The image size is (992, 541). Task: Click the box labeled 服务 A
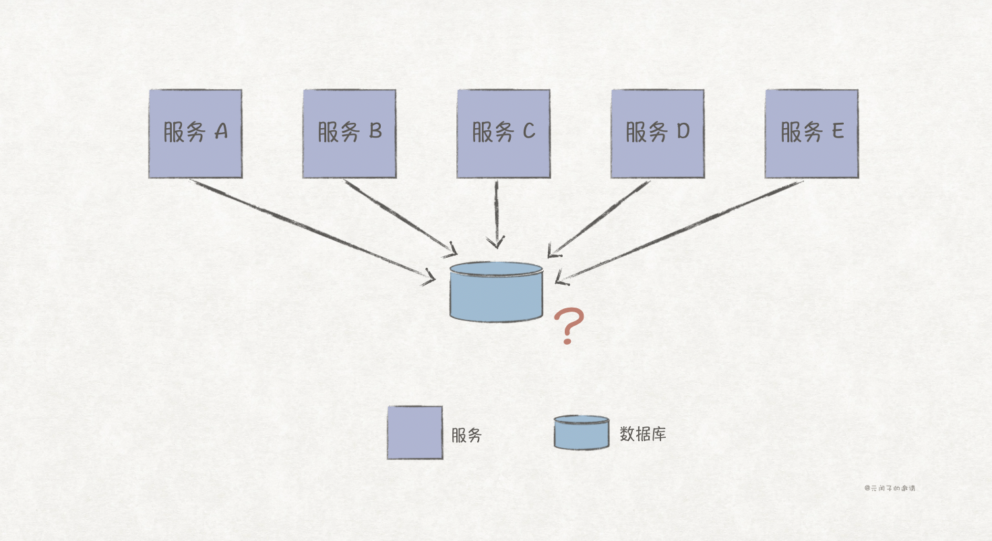(x=195, y=134)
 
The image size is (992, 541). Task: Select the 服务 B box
(x=349, y=134)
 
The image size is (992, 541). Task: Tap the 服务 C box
(x=503, y=134)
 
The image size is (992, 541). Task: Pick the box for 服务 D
(x=657, y=134)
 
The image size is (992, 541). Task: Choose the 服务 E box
(x=811, y=134)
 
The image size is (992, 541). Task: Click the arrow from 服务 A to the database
(x=310, y=229)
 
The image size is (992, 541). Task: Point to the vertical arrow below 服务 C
(x=497, y=212)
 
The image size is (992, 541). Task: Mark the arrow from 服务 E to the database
(x=681, y=229)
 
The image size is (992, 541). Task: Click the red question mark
(x=570, y=326)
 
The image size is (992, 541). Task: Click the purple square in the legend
(x=414, y=432)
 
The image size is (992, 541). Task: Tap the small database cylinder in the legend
(x=582, y=432)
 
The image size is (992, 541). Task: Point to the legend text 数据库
(x=643, y=434)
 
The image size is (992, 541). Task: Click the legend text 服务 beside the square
(x=466, y=435)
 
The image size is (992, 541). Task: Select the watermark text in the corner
(x=890, y=488)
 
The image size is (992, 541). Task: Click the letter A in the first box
(x=221, y=132)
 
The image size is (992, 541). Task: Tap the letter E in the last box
(x=836, y=132)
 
